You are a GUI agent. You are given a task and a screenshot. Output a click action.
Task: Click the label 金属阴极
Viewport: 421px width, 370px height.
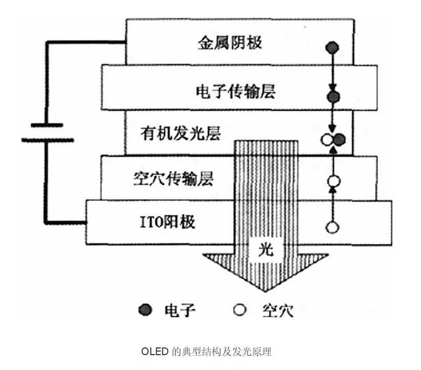230,42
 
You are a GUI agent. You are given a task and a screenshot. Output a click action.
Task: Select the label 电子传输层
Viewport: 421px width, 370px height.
236,91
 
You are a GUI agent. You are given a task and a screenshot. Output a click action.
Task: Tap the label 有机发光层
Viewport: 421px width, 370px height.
181,134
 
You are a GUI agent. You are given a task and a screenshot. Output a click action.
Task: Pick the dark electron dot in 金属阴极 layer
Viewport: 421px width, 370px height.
332,49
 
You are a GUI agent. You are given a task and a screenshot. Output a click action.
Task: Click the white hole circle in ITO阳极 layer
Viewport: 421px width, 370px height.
334,227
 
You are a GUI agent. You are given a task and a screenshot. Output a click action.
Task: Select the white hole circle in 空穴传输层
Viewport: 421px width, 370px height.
334,181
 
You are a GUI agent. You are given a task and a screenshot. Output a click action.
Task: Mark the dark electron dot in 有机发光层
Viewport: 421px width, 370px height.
339,139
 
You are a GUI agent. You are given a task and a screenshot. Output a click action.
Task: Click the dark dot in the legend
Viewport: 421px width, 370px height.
146,310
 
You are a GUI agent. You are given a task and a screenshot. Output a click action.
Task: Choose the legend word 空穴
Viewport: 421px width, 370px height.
277,310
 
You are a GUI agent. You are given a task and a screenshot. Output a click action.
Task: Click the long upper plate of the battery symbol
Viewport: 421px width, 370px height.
47,125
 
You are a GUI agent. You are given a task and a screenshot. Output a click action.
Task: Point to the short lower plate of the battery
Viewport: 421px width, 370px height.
47,139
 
